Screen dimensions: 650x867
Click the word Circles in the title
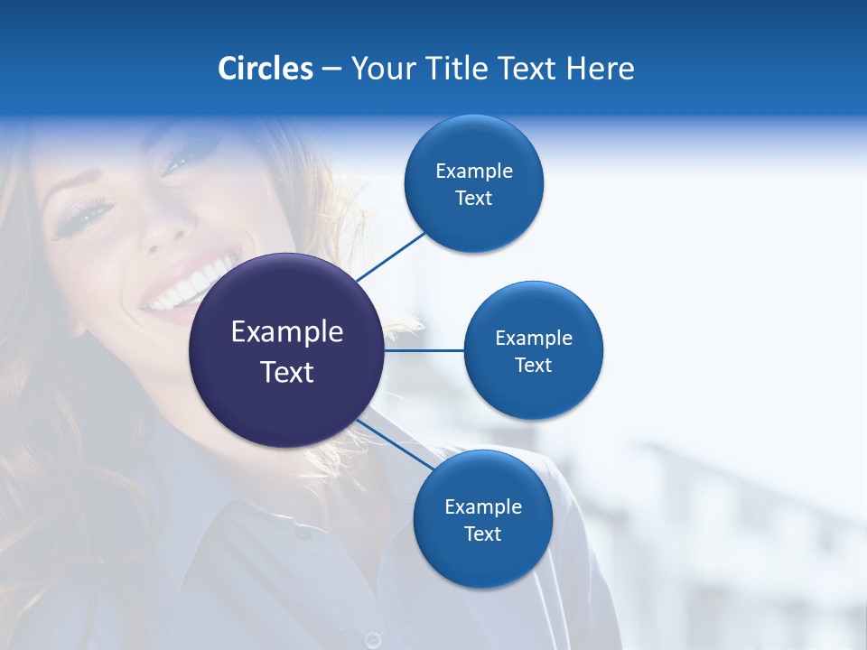(x=265, y=69)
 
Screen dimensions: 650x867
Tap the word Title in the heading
(x=453, y=69)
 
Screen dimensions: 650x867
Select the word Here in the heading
(x=601, y=69)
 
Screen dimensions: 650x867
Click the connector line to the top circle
(x=391, y=256)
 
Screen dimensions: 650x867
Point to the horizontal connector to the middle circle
(x=424, y=349)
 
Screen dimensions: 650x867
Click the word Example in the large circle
(x=287, y=332)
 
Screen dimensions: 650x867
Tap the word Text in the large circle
(x=287, y=372)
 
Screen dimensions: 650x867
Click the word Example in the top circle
(x=474, y=171)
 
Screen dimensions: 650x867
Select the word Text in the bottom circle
(x=482, y=534)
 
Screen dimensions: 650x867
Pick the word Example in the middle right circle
(x=534, y=338)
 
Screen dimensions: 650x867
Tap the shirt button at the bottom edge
(x=372, y=639)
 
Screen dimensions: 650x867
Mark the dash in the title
(x=331, y=69)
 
